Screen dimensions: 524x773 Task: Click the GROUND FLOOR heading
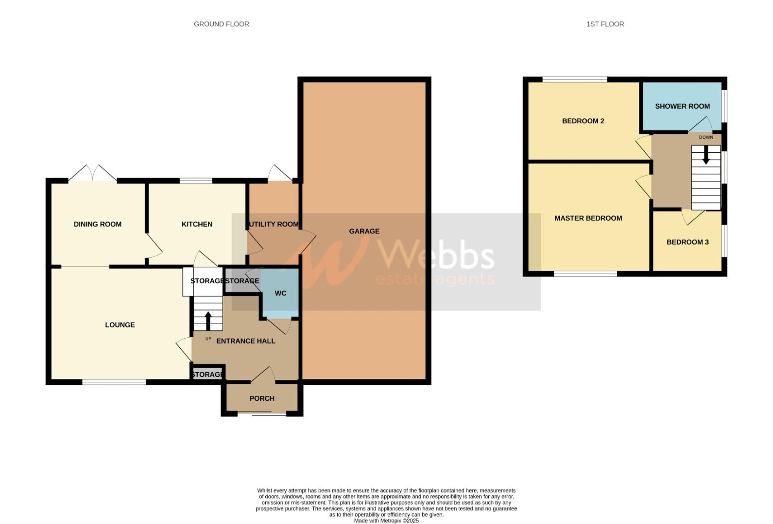[x=221, y=24]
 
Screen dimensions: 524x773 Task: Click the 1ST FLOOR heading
[x=605, y=24]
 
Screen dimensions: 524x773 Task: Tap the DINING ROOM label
[x=98, y=224]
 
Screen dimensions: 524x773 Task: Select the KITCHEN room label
[x=197, y=224]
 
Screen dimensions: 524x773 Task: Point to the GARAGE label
[x=364, y=231]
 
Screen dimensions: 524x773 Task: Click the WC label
[x=280, y=293]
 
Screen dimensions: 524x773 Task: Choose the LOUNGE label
[x=120, y=325]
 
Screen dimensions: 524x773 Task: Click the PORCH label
[x=262, y=398]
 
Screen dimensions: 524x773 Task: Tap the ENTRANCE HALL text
[x=245, y=341]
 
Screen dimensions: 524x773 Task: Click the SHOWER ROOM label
[x=682, y=106]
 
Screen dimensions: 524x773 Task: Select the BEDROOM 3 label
[x=687, y=242]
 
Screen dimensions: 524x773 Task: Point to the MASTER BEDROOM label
[x=588, y=218]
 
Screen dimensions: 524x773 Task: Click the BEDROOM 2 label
[x=583, y=121]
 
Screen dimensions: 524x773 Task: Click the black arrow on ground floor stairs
[x=208, y=320]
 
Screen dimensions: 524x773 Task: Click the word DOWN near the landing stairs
[x=706, y=137]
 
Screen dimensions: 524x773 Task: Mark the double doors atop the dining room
[x=92, y=174]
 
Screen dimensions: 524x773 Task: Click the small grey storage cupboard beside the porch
[x=207, y=375]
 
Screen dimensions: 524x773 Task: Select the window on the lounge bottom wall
[x=114, y=382]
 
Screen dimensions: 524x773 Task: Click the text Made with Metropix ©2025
[x=386, y=521]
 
